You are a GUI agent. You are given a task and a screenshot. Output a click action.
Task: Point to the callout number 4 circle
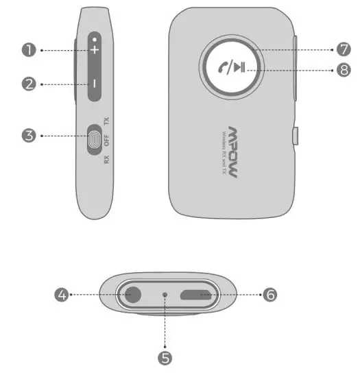62,295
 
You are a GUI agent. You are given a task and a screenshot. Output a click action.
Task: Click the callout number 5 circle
165,356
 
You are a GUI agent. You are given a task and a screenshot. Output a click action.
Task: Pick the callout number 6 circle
270,295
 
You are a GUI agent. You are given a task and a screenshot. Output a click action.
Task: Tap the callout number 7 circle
344,50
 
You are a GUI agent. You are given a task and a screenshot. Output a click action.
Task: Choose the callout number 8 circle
344,69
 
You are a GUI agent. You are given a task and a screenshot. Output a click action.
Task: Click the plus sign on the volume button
94,50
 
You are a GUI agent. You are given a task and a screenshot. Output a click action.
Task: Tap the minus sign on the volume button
94,84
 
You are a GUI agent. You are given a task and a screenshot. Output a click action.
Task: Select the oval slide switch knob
95,141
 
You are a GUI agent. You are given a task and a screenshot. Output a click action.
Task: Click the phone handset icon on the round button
221,67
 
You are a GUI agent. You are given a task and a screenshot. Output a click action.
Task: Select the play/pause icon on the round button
239,67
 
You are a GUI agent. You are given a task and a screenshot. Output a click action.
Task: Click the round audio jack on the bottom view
131,295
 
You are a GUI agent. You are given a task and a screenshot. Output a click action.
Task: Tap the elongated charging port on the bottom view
200,295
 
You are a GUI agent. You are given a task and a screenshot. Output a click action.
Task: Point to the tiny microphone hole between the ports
165,295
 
